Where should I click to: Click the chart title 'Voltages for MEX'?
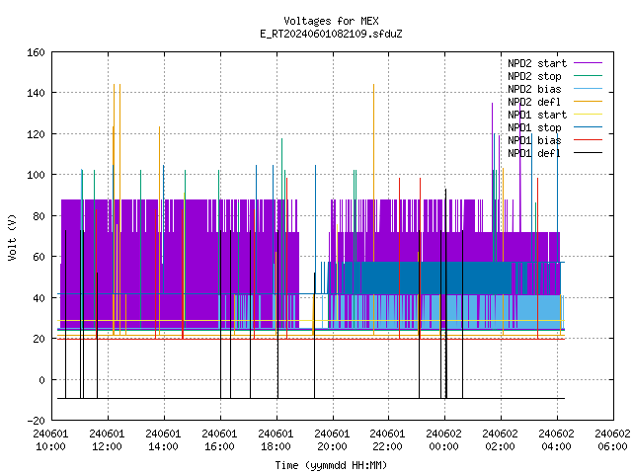(331, 21)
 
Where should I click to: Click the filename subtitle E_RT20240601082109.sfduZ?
(331, 34)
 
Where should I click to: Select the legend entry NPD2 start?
(555, 63)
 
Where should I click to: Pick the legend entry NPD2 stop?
(555, 76)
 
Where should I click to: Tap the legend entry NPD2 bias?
(555, 89)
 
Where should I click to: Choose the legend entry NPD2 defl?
(555, 102)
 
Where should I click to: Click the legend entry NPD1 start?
(555, 115)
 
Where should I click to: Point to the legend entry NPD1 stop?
(555, 127)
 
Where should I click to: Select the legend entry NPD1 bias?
(555, 140)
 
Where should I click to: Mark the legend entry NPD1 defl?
(555, 153)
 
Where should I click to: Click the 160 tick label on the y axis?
(36, 52)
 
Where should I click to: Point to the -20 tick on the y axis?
(36, 421)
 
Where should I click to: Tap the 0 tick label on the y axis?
(41, 379)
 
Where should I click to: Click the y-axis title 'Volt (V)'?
(12, 237)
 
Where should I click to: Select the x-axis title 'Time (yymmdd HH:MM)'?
(331, 465)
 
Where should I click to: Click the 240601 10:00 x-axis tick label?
(50, 440)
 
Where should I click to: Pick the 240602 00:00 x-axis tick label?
(443, 440)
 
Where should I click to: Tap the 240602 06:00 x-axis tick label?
(612, 440)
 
